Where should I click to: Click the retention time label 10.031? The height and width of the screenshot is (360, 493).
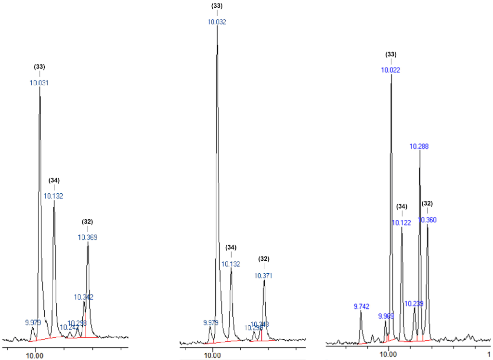pos(39,83)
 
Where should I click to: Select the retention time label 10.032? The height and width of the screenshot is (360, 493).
pos(217,22)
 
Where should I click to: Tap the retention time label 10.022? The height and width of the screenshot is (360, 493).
pos(390,70)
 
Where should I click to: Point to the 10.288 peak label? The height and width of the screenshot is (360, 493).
pos(419,146)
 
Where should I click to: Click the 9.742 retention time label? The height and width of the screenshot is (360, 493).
pos(361,307)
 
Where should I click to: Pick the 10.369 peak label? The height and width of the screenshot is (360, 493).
pos(87,237)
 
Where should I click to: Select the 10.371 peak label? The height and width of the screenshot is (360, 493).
pos(263,276)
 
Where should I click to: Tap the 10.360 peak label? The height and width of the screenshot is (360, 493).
pos(427,220)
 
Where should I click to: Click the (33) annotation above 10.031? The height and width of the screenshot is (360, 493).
pos(39,67)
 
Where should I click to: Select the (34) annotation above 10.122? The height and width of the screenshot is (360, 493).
pos(402,207)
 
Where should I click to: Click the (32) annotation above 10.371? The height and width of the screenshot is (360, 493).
pos(263,259)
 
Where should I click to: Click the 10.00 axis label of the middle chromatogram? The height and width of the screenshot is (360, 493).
pos(212,355)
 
